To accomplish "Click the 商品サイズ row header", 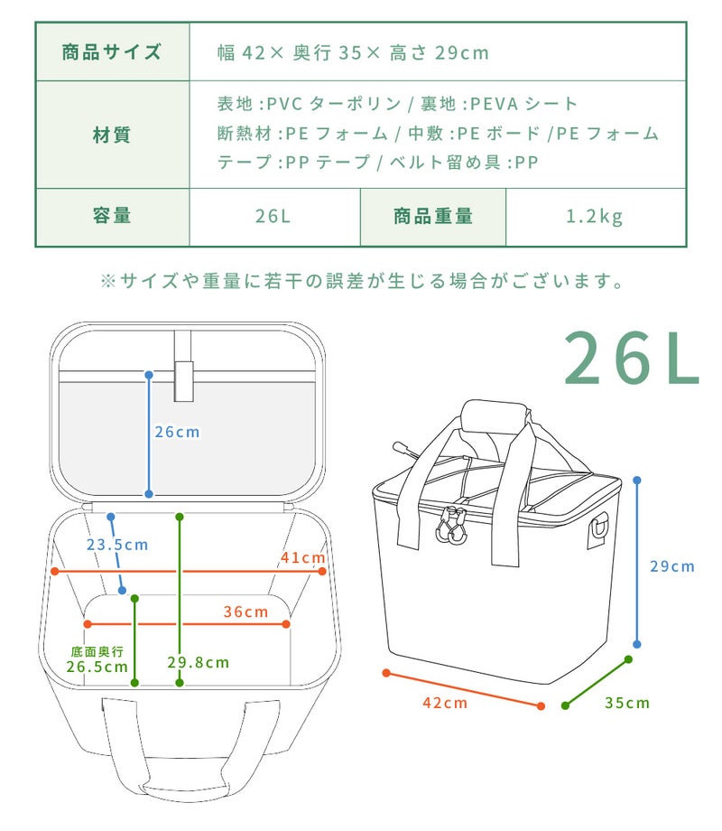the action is (112, 52).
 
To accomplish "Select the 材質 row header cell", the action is (112, 135).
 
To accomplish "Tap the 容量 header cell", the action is (112, 216).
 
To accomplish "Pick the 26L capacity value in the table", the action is (273, 216).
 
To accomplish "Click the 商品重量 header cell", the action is (433, 216).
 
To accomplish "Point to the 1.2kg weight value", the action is (595, 217).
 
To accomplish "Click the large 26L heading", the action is (632, 359).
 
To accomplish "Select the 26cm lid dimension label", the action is (178, 432).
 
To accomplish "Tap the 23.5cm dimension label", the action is (117, 545).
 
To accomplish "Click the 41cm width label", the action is (302, 557).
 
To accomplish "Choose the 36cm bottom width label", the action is (245, 612).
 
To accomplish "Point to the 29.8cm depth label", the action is (199, 662).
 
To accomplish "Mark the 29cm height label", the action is (672, 566).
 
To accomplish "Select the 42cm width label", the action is (446, 704).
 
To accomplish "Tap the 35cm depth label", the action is (627, 704).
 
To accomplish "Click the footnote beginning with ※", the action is (362, 281).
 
